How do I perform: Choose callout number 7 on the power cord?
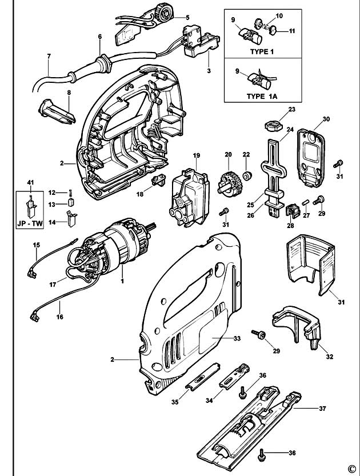coord(49,56)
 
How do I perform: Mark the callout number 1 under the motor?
coord(121,281)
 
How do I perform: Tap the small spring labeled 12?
coord(70,192)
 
